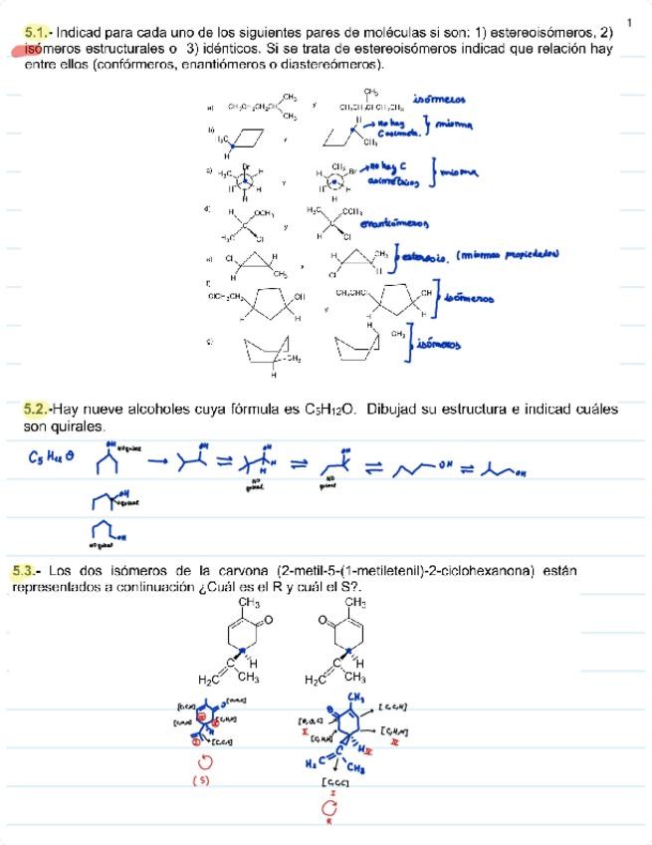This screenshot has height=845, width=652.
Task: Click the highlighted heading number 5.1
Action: click(37, 32)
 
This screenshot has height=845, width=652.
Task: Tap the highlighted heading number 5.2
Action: click(36, 409)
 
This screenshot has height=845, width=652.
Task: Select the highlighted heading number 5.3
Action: click(26, 571)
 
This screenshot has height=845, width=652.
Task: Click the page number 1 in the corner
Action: click(630, 22)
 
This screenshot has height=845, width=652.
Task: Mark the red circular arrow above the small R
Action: click(328, 808)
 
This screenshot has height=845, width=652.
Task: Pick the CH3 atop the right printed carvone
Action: click(355, 603)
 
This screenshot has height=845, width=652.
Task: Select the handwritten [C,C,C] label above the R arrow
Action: click(332, 783)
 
